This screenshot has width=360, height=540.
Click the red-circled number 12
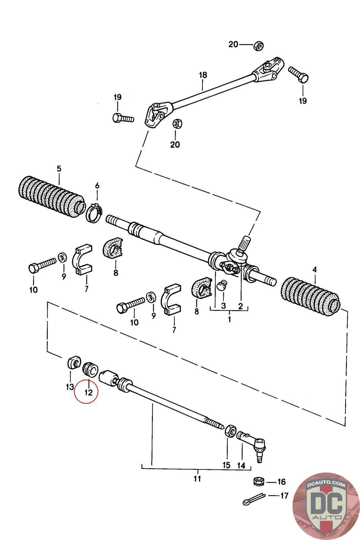[x=88, y=392]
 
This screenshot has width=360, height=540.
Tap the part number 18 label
[x=203, y=75]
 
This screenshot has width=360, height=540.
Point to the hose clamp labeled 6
[x=94, y=213]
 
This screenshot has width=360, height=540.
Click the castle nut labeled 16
[x=258, y=481]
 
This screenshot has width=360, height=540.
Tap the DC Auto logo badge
[x=325, y=505]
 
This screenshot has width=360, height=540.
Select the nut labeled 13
[x=74, y=363]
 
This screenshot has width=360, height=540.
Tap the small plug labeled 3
[x=221, y=285]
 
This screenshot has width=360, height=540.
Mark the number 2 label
[x=241, y=306]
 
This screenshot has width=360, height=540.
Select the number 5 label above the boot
[x=59, y=169]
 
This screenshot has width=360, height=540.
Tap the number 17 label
[x=284, y=496]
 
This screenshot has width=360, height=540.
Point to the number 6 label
[x=97, y=186]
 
